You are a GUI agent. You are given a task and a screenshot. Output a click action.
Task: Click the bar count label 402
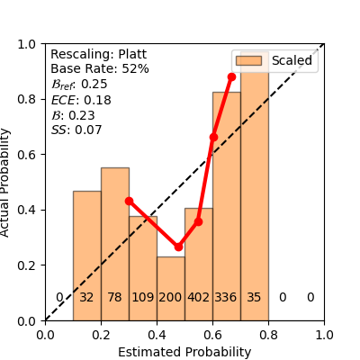(198, 298)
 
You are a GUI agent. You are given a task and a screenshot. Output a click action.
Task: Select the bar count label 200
(170, 298)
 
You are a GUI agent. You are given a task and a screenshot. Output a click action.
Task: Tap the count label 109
(142, 298)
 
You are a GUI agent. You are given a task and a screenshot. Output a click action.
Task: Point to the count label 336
(226, 298)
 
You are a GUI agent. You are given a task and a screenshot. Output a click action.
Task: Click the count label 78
(114, 298)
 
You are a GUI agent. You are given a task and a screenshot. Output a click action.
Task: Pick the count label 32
(86, 298)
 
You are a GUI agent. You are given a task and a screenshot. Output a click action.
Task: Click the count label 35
(254, 298)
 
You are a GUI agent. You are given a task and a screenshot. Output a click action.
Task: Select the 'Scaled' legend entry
(274, 61)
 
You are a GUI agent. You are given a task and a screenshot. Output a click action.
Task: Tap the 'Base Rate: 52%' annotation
(100, 69)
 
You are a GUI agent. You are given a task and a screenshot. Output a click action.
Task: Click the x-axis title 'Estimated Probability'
(184, 352)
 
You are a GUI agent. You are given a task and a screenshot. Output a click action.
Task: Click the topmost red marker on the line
(231, 77)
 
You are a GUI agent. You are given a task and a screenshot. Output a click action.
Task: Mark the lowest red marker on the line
(178, 246)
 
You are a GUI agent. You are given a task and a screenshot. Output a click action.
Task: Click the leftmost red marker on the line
(129, 201)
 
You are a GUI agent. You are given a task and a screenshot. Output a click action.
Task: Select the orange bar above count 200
(170, 288)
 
